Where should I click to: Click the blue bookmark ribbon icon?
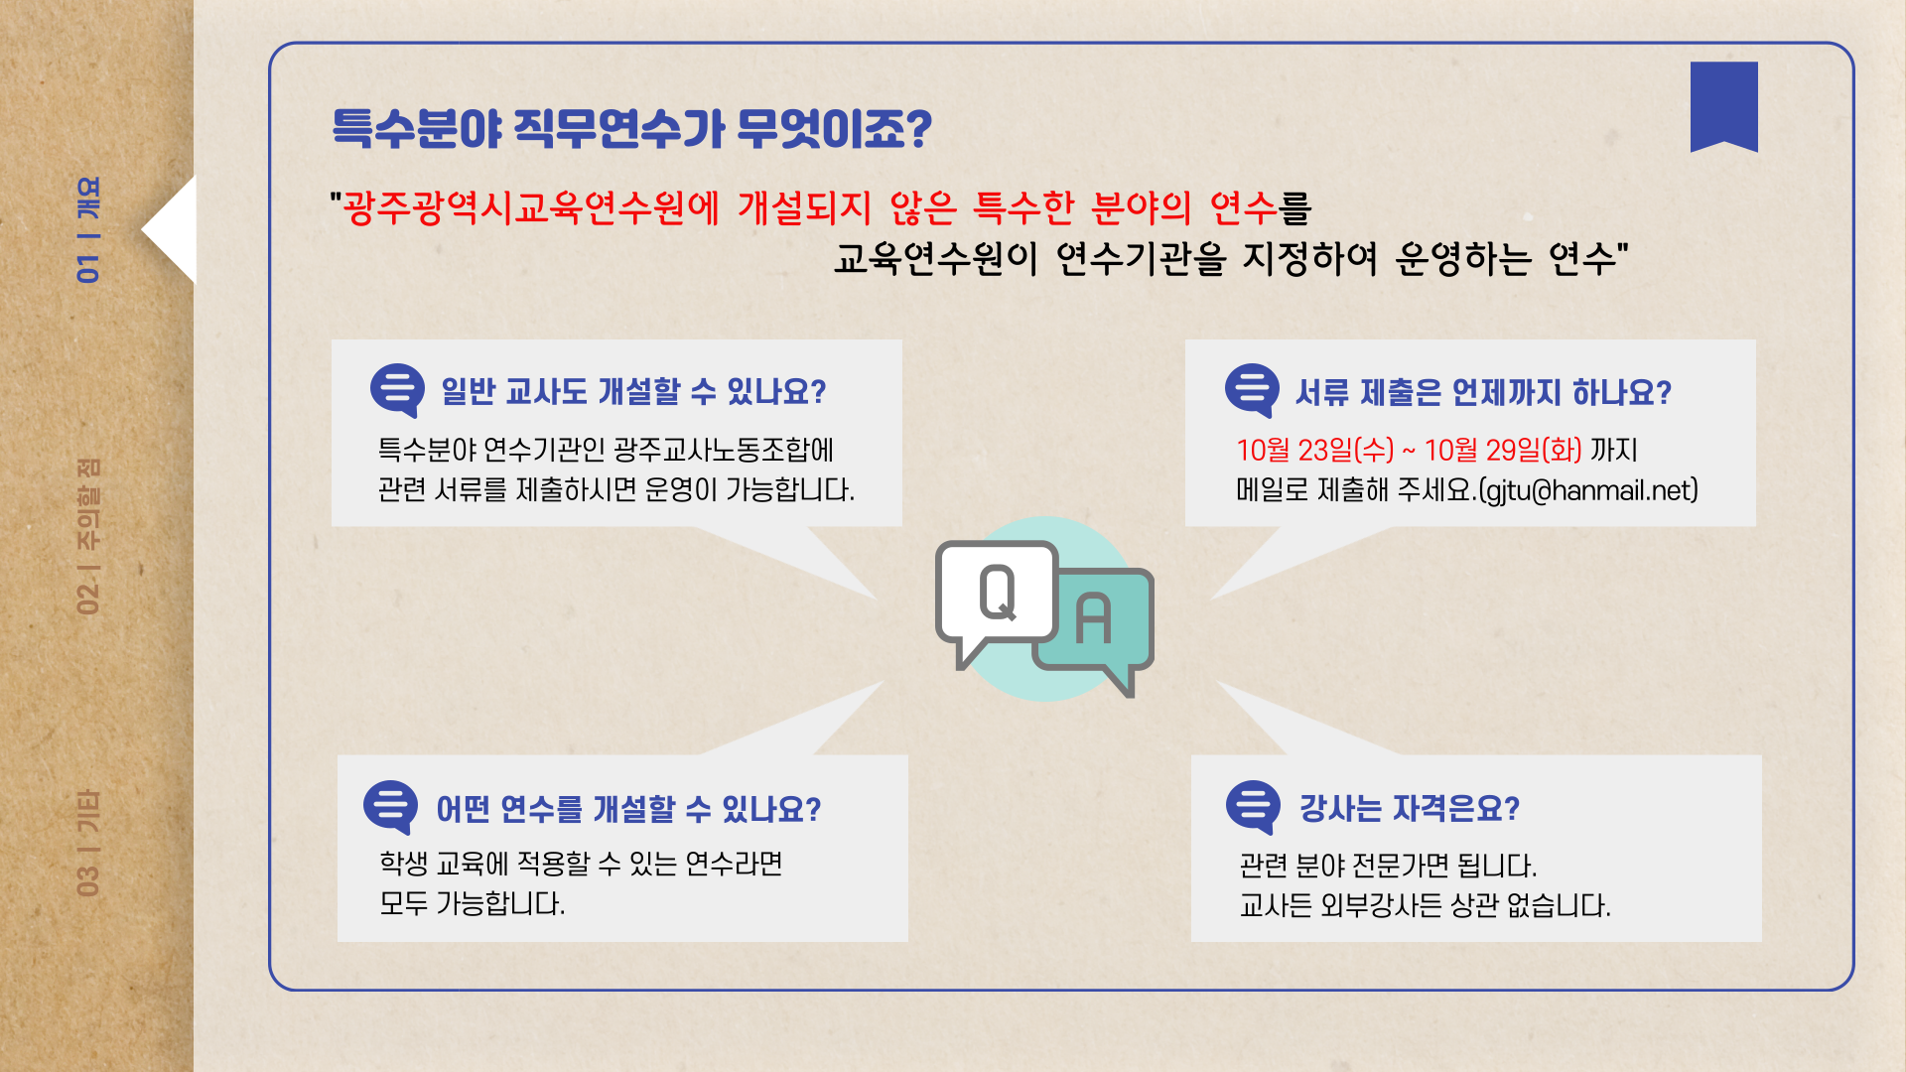click(x=1723, y=105)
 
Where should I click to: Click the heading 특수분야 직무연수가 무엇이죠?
click(x=632, y=129)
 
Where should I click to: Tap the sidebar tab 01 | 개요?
click(x=88, y=229)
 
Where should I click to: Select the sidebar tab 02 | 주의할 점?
click(x=88, y=536)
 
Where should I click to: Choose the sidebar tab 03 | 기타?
click(x=88, y=843)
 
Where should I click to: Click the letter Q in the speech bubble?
click(x=998, y=593)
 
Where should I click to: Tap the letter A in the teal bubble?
click(x=1093, y=618)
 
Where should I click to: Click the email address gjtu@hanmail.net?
click(x=1589, y=490)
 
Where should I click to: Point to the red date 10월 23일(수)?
click(x=1315, y=450)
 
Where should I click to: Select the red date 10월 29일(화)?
click(x=1503, y=450)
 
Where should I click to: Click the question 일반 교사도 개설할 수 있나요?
click(x=633, y=391)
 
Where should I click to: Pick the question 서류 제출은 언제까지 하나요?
click(x=1483, y=392)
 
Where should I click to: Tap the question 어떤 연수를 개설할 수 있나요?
click(x=629, y=809)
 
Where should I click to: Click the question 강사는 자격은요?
click(x=1410, y=808)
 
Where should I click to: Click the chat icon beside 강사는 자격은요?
click(x=1254, y=807)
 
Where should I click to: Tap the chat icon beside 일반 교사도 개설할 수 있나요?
click(x=397, y=389)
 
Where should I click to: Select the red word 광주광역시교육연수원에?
click(x=531, y=207)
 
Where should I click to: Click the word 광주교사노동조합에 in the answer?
click(x=724, y=450)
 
